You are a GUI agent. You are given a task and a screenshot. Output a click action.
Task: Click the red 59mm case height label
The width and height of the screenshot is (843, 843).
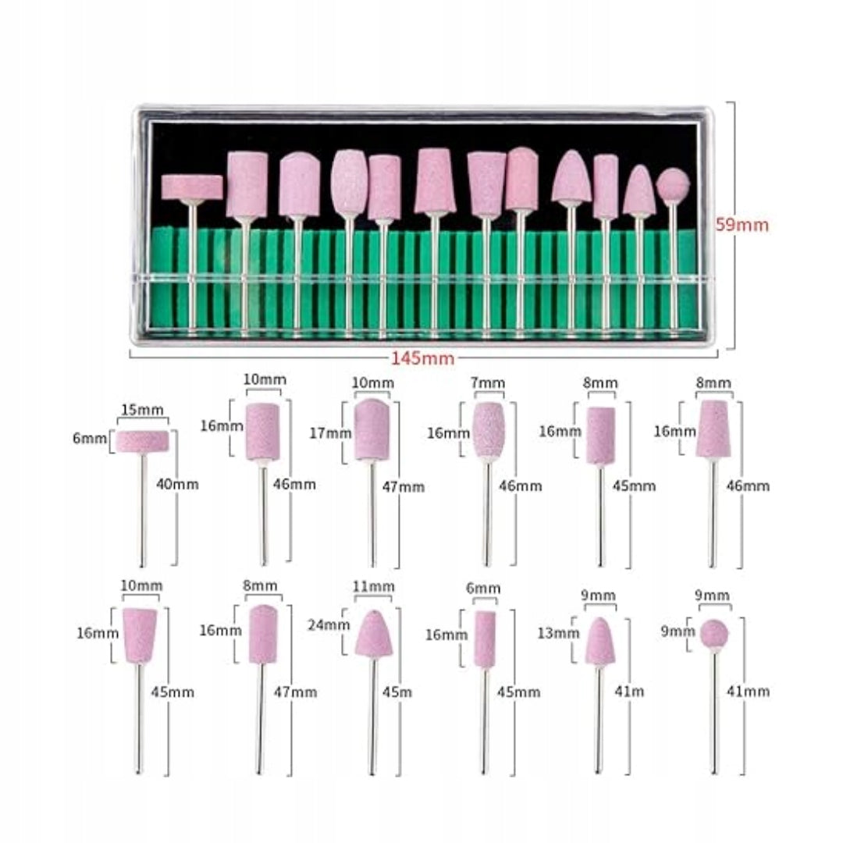742,224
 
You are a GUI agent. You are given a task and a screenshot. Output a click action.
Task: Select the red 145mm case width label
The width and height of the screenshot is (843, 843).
422,358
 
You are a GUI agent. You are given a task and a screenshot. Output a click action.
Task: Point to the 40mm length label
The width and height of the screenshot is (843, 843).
177,485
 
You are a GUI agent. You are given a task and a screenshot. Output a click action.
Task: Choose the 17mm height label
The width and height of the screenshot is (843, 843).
331,432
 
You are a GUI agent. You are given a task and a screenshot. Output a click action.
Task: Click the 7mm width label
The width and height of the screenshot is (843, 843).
488,382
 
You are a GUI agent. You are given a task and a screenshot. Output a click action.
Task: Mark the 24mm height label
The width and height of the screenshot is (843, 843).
329,624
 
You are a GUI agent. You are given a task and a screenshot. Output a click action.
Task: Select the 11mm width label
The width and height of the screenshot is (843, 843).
374,585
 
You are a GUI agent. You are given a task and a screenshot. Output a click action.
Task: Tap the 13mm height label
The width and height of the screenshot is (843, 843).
559,633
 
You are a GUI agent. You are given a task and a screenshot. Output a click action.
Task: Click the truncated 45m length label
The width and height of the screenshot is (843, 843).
397,692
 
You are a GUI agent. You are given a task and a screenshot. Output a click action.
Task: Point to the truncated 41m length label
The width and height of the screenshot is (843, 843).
630,691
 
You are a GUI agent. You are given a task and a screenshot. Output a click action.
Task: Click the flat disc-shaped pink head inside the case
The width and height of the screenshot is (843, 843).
192,187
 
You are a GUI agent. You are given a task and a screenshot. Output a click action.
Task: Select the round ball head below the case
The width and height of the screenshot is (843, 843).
714,634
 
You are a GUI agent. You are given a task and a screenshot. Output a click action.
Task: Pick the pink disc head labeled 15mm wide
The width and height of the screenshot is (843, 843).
143,441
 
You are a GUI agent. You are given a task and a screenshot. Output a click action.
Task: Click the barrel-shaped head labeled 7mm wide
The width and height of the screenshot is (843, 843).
489,429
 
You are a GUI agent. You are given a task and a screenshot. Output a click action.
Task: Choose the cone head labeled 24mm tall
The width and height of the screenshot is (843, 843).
374,635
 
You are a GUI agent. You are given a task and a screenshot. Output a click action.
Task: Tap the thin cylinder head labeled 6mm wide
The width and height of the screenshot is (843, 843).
485,639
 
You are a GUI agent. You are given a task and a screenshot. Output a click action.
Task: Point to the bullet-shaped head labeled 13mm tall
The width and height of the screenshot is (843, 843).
599,641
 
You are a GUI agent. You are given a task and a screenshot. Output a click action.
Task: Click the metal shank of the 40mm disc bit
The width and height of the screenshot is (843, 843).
143,509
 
